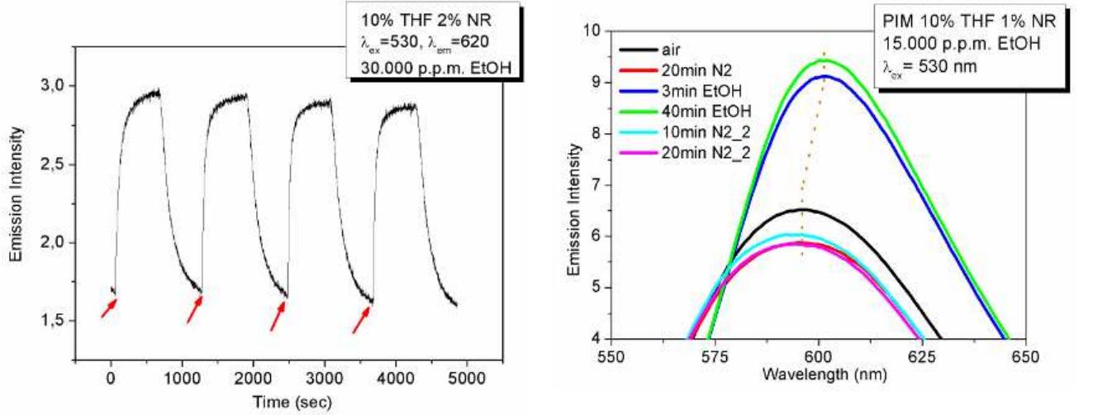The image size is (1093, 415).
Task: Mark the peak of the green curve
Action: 825,59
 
